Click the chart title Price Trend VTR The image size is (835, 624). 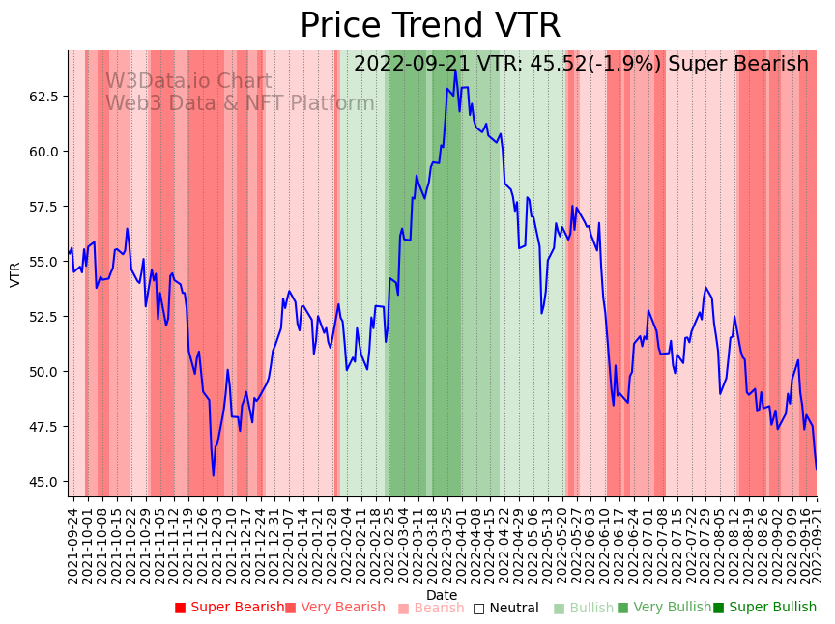[429, 25]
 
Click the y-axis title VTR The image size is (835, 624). [15, 274]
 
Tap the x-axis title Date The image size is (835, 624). [442, 596]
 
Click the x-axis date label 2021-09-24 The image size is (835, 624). [72, 545]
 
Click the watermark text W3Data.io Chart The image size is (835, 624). [188, 82]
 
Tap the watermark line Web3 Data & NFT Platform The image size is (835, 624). [240, 104]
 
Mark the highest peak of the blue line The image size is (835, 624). [454, 71]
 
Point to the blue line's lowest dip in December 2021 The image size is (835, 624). [214, 475]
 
